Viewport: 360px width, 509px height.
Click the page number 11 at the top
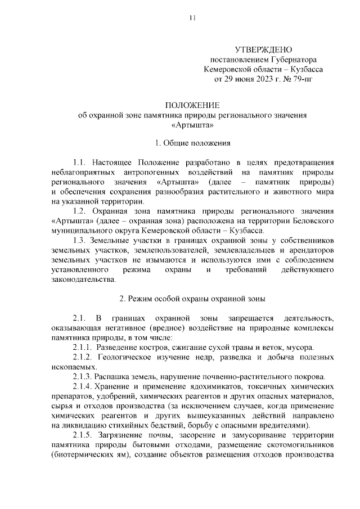(192, 18)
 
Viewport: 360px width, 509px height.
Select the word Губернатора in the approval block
(292, 60)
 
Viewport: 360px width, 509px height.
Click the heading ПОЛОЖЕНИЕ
(192, 105)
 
